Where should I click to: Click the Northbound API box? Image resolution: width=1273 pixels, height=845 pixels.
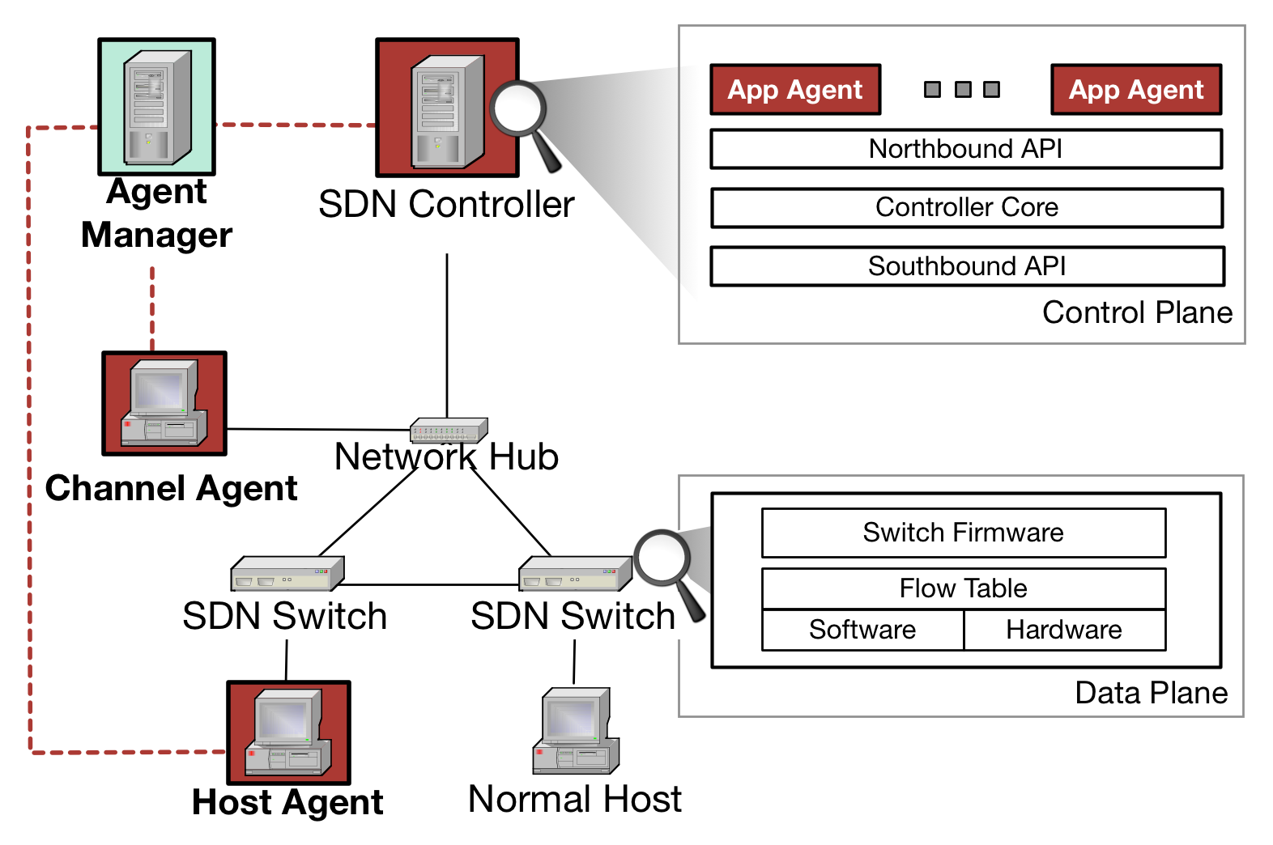[x=966, y=150]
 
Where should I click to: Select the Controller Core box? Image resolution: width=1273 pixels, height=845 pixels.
[x=967, y=208]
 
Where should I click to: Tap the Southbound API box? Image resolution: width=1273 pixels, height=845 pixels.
[x=967, y=266]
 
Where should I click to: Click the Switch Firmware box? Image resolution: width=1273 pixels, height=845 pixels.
[x=964, y=533]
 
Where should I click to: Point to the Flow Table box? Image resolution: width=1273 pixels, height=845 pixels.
[x=964, y=588]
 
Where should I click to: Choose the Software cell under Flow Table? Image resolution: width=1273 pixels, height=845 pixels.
[x=862, y=630]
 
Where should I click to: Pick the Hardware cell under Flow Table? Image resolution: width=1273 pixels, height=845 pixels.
[x=1064, y=630]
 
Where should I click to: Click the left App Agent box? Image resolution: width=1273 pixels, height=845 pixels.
[x=795, y=90]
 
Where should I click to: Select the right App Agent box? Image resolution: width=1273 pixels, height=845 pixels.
[x=1136, y=90]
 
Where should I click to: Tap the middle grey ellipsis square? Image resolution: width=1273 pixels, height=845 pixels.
[x=963, y=89]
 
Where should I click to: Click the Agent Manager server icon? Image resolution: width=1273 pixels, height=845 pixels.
[x=157, y=107]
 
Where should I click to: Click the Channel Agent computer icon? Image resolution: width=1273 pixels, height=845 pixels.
[x=164, y=403]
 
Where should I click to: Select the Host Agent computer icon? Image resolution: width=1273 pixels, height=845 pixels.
[x=289, y=732]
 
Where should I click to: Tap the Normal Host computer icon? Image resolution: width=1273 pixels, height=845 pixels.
[x=576, y=731]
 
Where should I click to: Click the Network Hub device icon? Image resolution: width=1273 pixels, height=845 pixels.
[x=449, y=430]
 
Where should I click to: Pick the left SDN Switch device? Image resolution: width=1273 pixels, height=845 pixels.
[x=287, y=573]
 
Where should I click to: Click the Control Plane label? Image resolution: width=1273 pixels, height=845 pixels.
[x=1137, y=312]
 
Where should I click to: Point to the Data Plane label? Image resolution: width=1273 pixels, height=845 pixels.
[x=1152, y=693]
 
